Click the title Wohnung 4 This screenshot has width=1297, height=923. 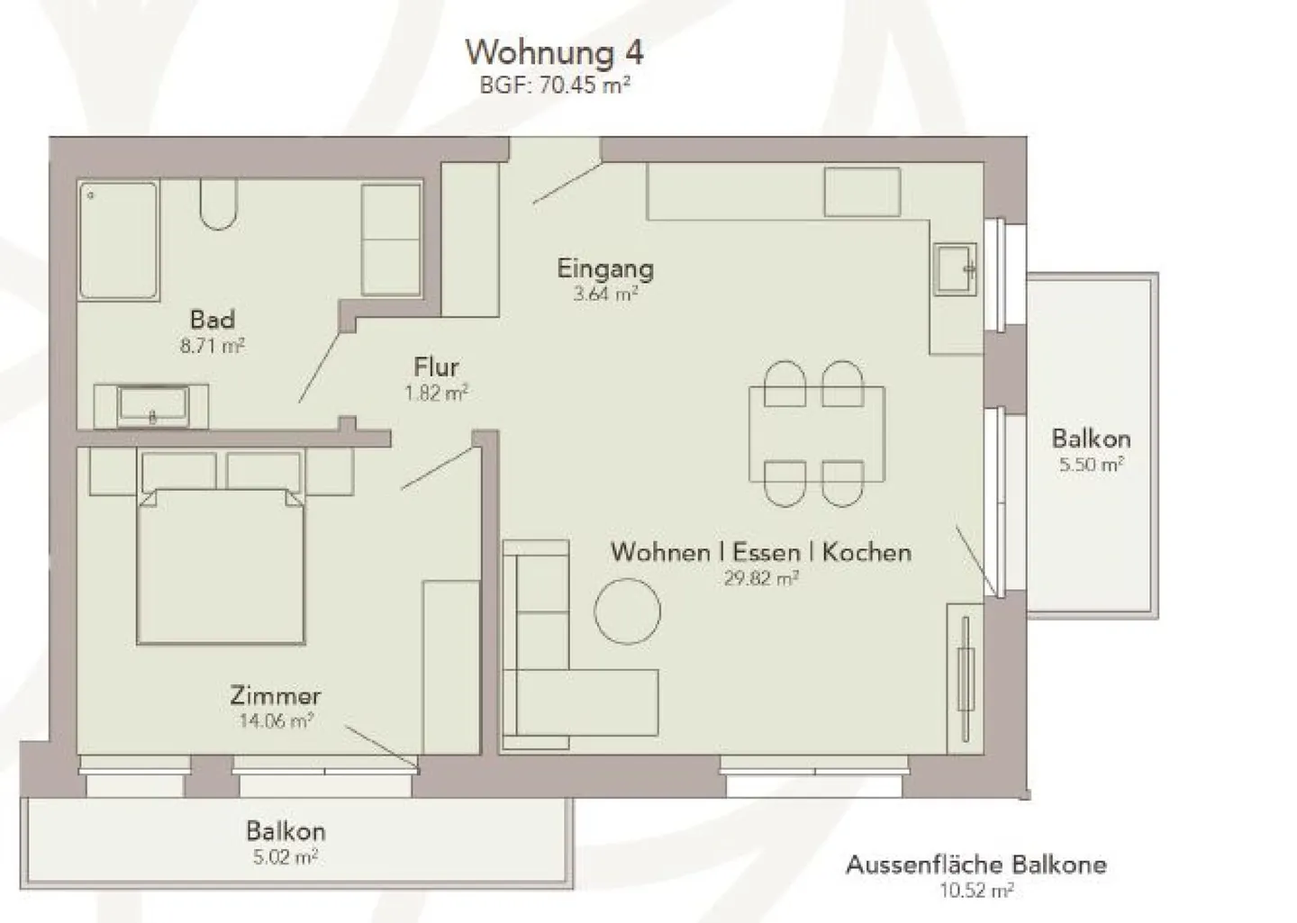click(554, 52)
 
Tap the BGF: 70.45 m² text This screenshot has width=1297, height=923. click(554, 86)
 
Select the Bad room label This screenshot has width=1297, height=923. click(213, 319)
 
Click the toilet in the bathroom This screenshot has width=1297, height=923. click(219, 206)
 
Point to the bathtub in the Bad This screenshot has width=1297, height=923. click(118, 240)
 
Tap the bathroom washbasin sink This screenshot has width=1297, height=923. click(152, 407)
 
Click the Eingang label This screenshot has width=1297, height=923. click(605, 268)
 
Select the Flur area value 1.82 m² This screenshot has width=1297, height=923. click(437, 393)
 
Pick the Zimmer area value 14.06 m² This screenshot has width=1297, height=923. click(276, 720)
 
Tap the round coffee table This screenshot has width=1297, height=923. click(627, 611)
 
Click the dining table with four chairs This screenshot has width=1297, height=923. click(816, 434)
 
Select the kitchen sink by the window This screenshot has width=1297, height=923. click(955, 268)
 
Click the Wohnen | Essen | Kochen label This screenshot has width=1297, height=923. click(760, 552)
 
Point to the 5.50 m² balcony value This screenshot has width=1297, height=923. click(1091, 465)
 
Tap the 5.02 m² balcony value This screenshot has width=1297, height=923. click(286, 857)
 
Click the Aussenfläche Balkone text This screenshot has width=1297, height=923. click(975, 865)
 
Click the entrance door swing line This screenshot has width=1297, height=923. click(567, 184)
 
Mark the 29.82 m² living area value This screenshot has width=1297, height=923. click(760, 578)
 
